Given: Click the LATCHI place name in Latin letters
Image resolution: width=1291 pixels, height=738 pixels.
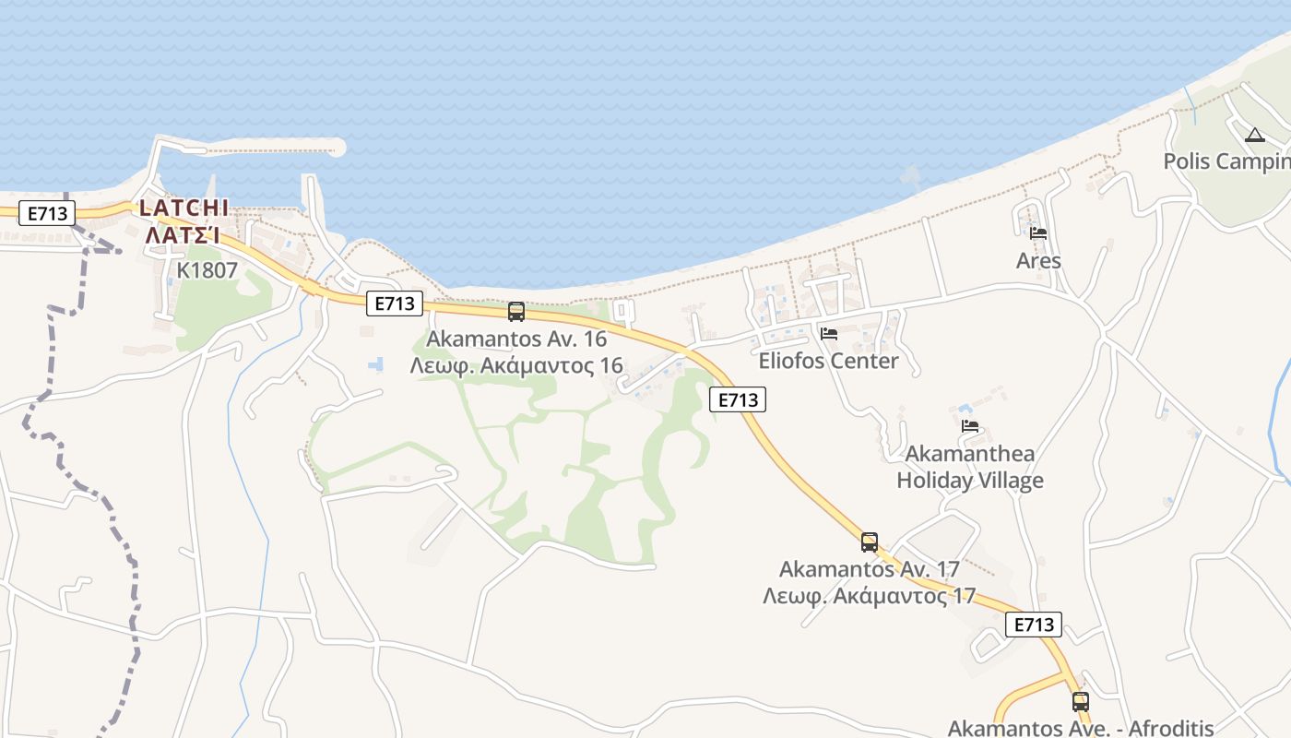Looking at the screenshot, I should pos(184,208).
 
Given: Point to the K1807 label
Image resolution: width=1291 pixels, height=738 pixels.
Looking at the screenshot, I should pos(207,270).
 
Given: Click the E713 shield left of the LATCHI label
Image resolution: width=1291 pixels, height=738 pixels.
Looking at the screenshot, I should pos(46,213).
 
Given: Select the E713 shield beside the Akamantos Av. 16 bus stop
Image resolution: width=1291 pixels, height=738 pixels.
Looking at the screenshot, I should pos(395,303).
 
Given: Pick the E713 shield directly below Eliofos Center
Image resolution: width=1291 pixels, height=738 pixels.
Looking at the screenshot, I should pos(738,399).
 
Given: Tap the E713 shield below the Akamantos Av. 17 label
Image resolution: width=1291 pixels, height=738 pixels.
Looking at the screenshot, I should pos(1034,625).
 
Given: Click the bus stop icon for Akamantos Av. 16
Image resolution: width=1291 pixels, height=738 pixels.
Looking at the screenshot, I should pos(516,312).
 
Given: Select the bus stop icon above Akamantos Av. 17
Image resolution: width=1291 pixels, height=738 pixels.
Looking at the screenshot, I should pos(870,542).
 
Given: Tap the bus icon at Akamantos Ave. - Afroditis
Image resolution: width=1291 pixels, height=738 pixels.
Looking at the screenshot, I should pos(1081,702).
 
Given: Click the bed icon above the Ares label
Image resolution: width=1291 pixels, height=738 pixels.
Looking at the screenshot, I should pos(1038,233).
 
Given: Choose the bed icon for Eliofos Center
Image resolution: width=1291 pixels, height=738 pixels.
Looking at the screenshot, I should pos(829,333).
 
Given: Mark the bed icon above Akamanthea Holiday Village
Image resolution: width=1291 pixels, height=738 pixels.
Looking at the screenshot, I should pos(969,426).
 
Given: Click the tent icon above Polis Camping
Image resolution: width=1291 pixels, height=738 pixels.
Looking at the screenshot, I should pos(1255,136).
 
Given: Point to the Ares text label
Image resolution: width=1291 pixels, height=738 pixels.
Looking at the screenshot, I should pos(1038,261).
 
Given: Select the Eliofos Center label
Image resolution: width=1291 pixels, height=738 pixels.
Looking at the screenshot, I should pos(828,361).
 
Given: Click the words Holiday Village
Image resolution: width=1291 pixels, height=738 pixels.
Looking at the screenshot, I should pos(970,481).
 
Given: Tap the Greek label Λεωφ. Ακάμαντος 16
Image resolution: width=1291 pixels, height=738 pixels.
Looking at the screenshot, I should pos(516,365).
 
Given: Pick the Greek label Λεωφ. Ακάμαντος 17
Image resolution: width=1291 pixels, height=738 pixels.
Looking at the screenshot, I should pos(869,596).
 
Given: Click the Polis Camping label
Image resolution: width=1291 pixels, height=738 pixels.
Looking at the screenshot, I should pos(1226,161).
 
